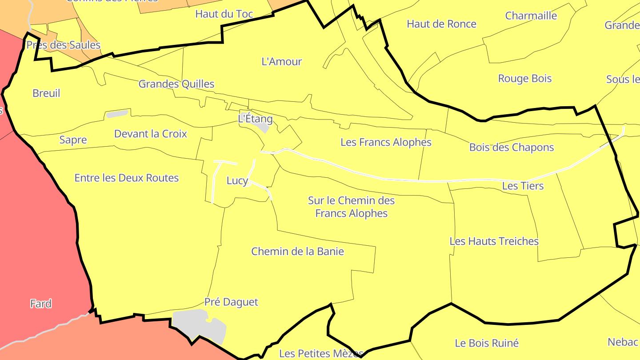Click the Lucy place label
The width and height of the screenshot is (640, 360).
pos(237,181)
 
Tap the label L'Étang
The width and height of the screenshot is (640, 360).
pos(255,119)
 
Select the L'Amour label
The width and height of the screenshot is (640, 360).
pos(282,62)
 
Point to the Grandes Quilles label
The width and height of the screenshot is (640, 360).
pos(176,84)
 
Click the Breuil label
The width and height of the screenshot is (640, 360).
pos(46,93)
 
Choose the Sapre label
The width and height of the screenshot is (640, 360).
pos(73,140)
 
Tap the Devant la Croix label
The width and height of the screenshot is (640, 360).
pos(151,134)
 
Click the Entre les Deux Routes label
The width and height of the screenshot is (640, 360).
pos(127,178)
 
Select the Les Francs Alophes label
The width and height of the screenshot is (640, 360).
pos(386,142)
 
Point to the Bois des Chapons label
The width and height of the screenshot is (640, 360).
pos(512,148)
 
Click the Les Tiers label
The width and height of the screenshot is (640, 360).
pos(523,186)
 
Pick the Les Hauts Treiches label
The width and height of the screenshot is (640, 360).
pos(494,241)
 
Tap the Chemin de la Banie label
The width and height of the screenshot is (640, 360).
pos(298,252)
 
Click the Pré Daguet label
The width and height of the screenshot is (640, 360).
pos(231,302)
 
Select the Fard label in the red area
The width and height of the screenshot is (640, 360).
pos(41,304)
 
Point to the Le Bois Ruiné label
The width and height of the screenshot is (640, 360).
pos(487,343)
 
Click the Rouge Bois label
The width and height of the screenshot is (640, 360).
pos(525,79)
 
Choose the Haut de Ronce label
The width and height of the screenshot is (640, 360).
pos(441,24)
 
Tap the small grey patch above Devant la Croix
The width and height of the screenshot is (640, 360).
pos(117,114)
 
